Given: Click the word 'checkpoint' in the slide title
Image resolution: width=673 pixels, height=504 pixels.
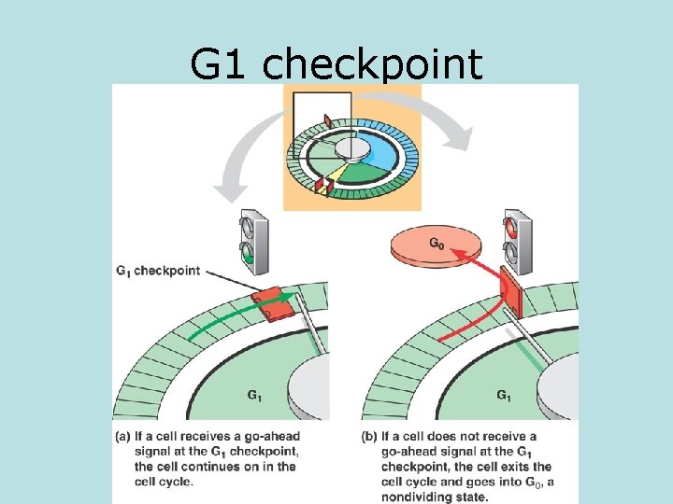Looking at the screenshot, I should [374, 65].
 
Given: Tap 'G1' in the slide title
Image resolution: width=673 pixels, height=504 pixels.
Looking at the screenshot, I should [222, 65].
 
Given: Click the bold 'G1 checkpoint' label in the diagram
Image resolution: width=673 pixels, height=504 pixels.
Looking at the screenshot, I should [158, 271].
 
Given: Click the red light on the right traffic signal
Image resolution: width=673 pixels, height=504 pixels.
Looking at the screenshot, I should [511, 228].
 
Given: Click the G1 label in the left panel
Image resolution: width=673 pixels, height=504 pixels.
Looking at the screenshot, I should [254, 395].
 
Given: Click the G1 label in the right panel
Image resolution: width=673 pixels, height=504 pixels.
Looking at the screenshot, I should [503, 395].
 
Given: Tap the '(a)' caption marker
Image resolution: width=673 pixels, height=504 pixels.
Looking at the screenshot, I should [126, 437].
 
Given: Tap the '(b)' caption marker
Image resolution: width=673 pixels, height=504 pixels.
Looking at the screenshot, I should [371, 437].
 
